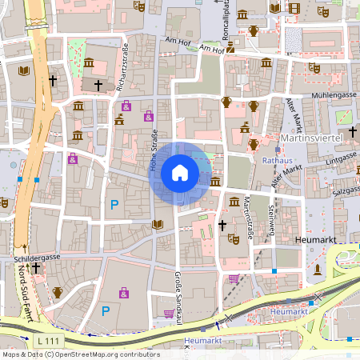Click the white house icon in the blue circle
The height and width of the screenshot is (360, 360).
tap(179, 172)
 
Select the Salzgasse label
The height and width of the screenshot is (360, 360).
tap(347, 191)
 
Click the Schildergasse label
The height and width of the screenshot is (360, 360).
tap(38, 259)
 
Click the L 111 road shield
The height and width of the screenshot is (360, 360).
tap(52, 342)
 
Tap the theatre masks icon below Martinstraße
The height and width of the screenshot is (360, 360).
tap(234, 238)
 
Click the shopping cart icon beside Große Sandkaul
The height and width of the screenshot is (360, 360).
tap(170, 313)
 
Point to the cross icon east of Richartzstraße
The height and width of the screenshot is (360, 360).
tap(98, 84)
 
